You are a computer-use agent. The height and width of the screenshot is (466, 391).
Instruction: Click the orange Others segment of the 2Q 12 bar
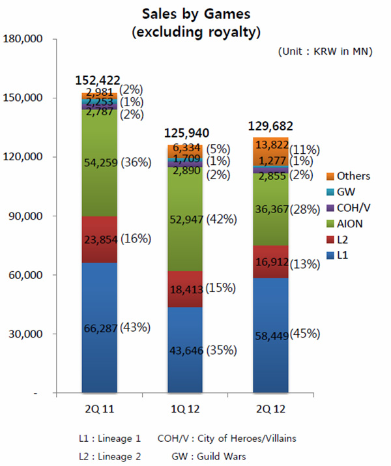pyautogui.click(x=271, y=144)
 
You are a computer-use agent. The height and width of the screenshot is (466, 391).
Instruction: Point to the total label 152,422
pyautogui.click(x=98, y=80)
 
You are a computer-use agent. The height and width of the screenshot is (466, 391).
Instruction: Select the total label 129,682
pyautogui.click(x=270, y=126)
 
